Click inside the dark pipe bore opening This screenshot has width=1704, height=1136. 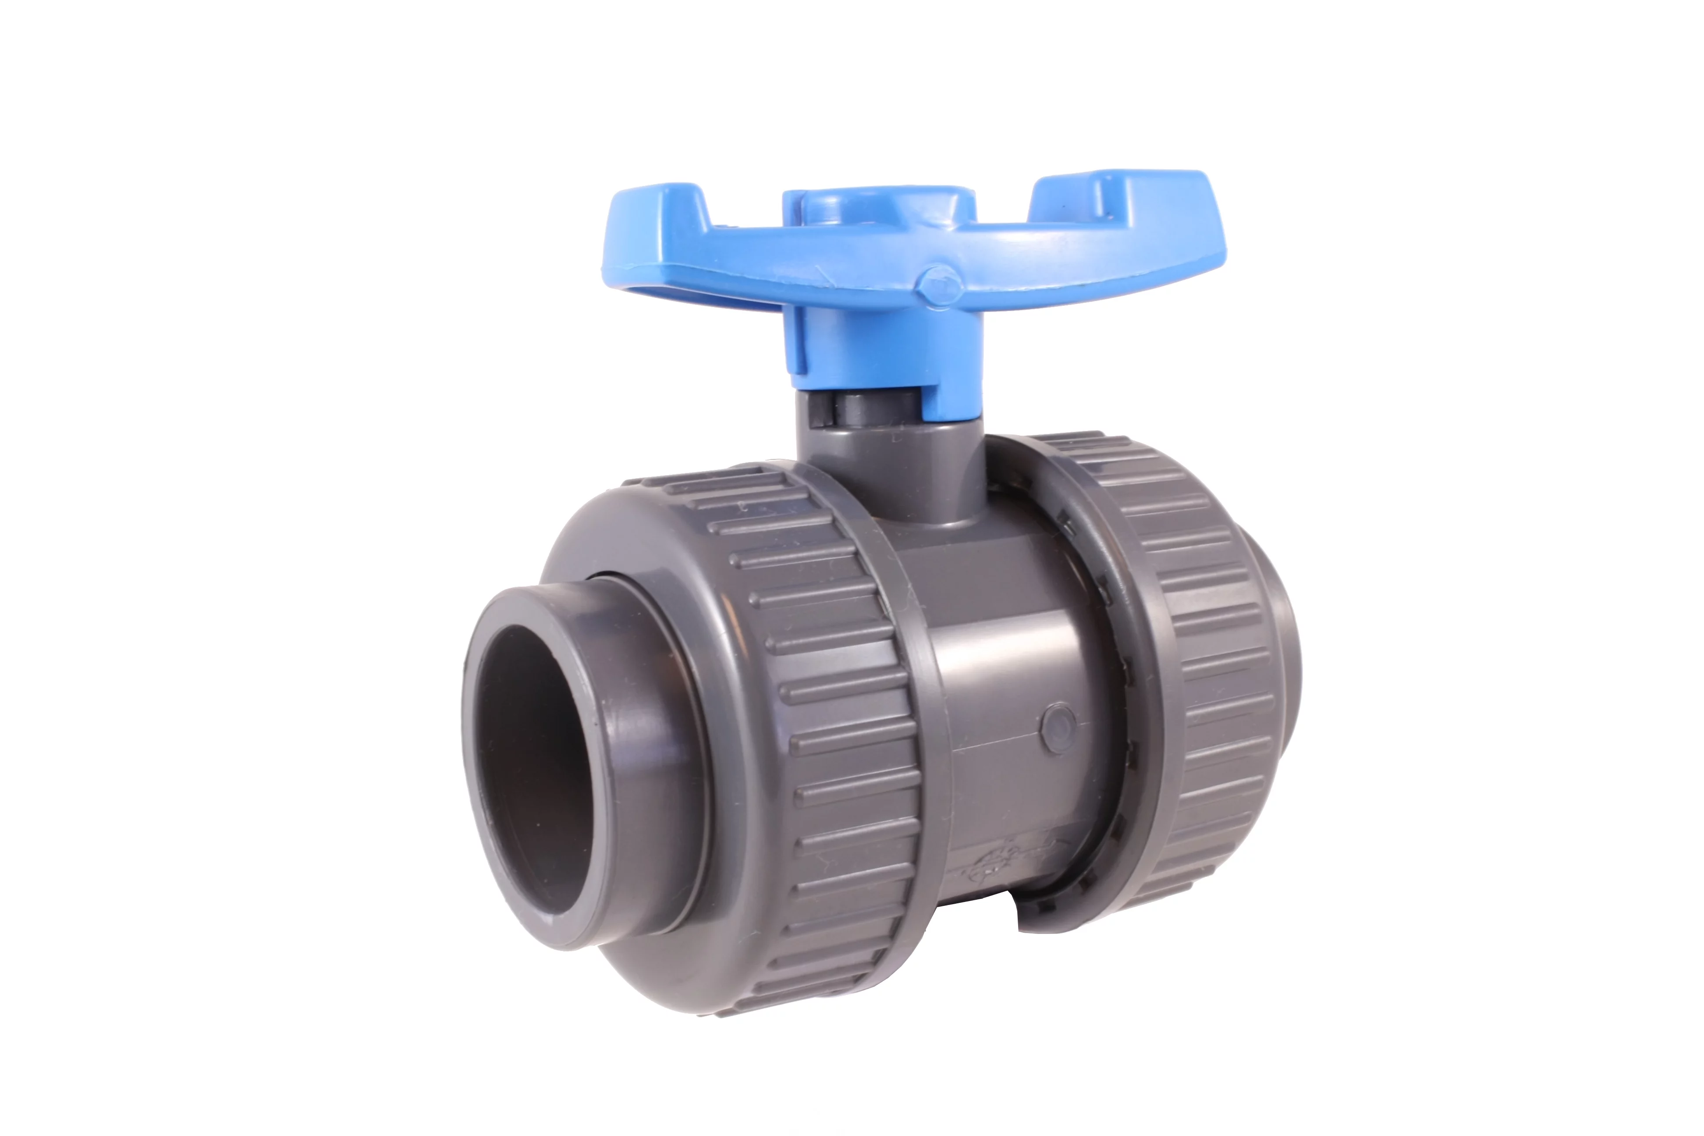coord(543,761)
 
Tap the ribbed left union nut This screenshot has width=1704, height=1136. coord(833,724)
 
